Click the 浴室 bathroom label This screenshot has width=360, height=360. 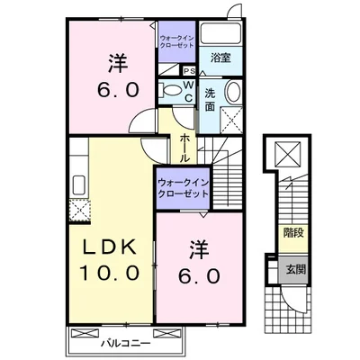[x=220, y=58]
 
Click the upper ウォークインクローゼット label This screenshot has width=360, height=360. [x=177, y=40]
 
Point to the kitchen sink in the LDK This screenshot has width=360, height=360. [x=80, y=187]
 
